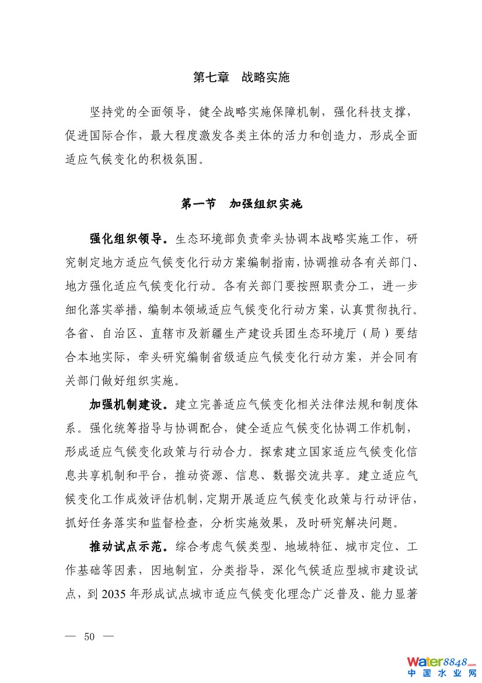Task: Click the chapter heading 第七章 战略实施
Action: pos(241,77)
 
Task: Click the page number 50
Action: pos(89,636)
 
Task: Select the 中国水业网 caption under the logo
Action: pos(442,673)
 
